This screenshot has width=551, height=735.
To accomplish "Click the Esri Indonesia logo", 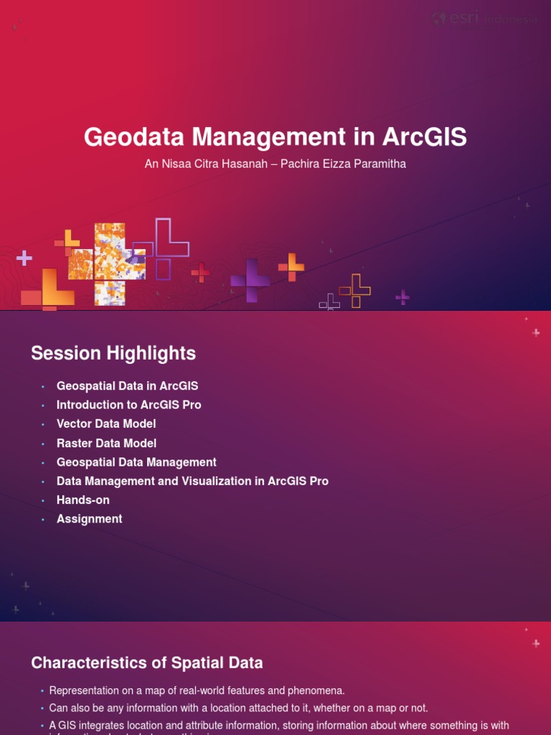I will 484,19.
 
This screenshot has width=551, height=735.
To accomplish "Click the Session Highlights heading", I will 113,353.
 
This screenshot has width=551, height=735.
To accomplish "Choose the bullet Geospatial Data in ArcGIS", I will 127,386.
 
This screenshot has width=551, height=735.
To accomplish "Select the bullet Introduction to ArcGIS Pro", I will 128,405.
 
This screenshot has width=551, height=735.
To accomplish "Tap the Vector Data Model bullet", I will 106,424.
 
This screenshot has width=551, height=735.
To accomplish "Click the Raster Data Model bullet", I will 106,444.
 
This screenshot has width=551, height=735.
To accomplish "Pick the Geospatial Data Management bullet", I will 136,462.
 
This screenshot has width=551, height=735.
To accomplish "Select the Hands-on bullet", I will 83,500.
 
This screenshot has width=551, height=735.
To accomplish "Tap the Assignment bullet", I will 90,519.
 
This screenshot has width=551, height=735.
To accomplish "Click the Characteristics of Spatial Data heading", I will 147,663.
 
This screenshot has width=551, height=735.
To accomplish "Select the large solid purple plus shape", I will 250,280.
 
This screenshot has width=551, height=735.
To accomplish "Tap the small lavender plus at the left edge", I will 24,258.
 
